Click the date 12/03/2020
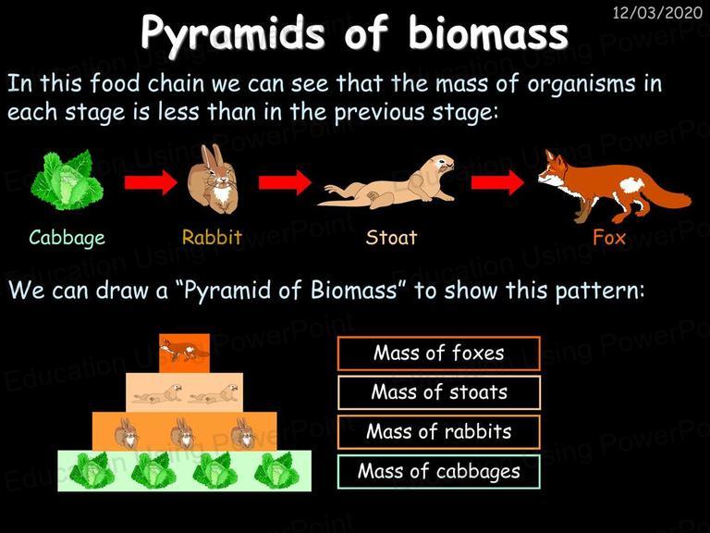click(x=657, y=12)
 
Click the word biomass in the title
click(x=488, y=33)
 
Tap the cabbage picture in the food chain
click(x=67, y=180)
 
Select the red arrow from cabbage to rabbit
click(x=151, y=182)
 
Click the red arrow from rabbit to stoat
click(x=285, y=182)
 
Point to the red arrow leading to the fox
click(x=497, y=182)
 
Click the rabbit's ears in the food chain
click(x=212, y=156)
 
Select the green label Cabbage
click(x=67, y=238)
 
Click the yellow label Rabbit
click(x=212, y=237)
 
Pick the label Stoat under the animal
click(x=391, y=237)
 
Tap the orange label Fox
click(x=609, y=237)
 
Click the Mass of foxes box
click(x=439, y=353)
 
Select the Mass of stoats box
click(x=439, y=392)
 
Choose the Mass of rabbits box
click(x=439, y=432)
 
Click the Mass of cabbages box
click(x=439, y=471)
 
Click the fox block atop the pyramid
click(x=184, y=353)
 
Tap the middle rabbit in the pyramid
click(x=183, y=432)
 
